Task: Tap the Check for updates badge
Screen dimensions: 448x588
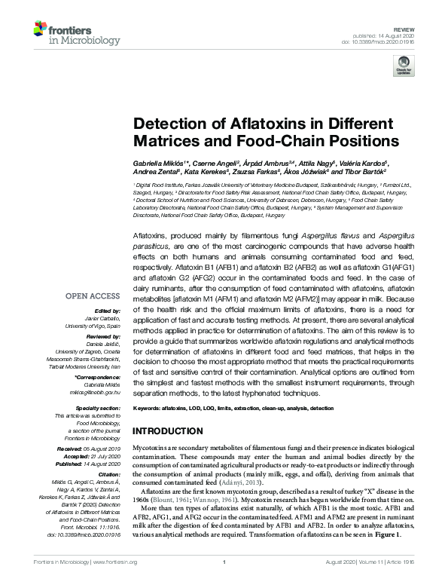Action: [404, 67]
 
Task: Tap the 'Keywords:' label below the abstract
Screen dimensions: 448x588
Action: [148, 408]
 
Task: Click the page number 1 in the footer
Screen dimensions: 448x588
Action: [224, 583]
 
